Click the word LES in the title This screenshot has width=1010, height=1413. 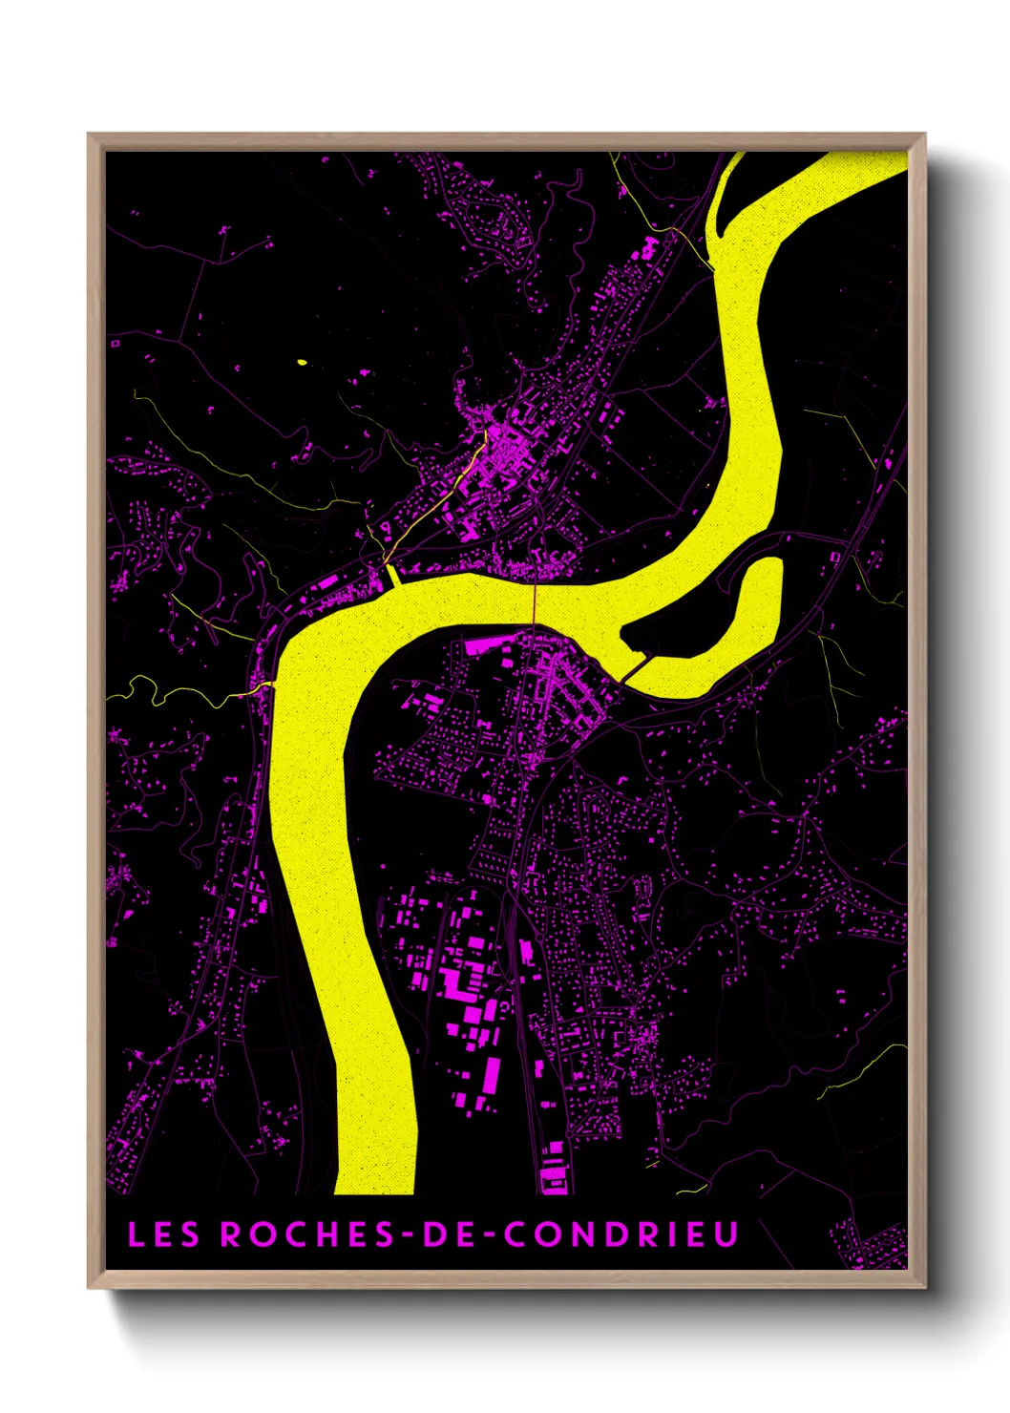tap(163, 1234)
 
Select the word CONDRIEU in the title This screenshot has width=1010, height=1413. tap(621, 1234)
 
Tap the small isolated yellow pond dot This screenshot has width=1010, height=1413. tap(302, 362)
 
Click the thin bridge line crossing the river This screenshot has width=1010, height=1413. tap(535, 601)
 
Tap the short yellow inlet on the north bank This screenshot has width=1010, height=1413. tap(391, 577)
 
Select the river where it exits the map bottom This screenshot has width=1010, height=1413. tap(375, 1179)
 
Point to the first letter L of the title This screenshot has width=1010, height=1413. tap(136, 1234)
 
